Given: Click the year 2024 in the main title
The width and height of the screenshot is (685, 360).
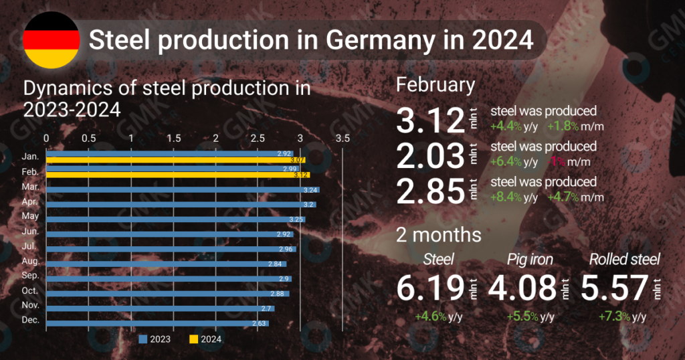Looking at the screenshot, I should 501,40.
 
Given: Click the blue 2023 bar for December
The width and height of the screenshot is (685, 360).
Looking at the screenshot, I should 157,323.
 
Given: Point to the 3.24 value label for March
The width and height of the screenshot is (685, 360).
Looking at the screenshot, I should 310,190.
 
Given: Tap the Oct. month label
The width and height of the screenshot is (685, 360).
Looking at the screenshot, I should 31,291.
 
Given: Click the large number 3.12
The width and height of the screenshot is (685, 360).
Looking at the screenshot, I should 429,120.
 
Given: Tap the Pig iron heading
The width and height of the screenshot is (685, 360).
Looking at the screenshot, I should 529,259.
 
